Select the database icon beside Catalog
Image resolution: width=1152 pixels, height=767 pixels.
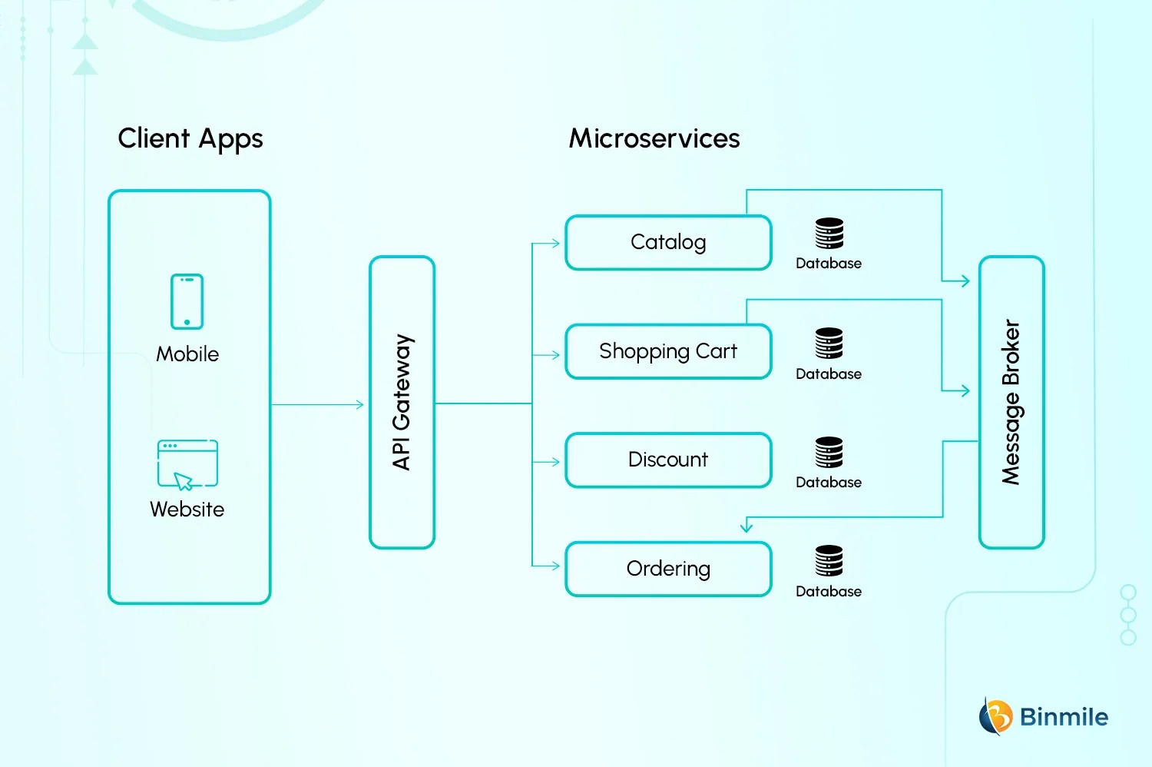(x=829, y=233)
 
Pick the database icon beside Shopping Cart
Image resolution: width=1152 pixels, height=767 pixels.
(x=829, y=343)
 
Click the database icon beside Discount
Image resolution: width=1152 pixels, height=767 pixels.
(x=829, y=452)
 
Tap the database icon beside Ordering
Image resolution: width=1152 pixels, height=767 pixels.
(x=829, y=560)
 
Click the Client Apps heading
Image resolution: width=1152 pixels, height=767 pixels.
(x=190, y=139)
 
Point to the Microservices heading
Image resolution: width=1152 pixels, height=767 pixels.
(x=654, y=138)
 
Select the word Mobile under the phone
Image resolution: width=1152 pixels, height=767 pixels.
(x=187, y=354)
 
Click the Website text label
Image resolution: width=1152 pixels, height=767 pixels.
(x=187, y=510)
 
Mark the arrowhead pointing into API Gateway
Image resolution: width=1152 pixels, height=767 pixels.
(x=360, y=404)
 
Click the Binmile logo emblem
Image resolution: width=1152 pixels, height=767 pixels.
(x=995, y=716)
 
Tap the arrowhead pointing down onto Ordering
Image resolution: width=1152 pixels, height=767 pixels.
(x=746, y=527)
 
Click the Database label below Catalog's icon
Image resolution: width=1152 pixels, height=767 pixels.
(x=829, y=264)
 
